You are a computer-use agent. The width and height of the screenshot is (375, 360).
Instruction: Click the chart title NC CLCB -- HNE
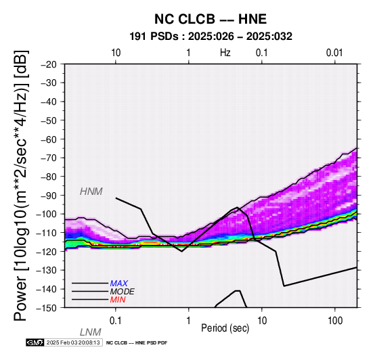tap(211, 19)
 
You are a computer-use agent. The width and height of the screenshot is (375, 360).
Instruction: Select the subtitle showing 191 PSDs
tap(211, 37)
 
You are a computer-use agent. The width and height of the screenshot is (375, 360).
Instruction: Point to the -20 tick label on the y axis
tap(49, 64)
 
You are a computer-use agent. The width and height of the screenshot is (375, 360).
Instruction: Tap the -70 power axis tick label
tap(49, 158)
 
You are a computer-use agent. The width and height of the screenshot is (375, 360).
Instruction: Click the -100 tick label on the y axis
tap(47, 214)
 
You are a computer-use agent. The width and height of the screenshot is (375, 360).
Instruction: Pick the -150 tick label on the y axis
tap(47, 307)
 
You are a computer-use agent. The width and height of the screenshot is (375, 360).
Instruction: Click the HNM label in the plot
tap(91, 192)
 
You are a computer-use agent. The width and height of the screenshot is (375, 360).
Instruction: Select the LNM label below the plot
tap(91, 332)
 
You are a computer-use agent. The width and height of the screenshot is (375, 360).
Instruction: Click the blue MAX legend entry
tap(119, 284)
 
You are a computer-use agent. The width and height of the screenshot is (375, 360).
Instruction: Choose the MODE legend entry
tap(123, 292)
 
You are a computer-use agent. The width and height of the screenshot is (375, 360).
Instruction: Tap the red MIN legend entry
tap(118, 300)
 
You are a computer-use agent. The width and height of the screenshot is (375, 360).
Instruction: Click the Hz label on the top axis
tap(225, 53)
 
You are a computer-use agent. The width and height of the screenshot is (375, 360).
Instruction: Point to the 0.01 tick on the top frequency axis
tap(334, 53)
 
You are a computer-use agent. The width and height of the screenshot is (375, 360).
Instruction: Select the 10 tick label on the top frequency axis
tap(116, 53)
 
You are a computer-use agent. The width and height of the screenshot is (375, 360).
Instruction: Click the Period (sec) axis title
tap(225, 328)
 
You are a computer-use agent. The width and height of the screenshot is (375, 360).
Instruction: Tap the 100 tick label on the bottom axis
tap(335, 321)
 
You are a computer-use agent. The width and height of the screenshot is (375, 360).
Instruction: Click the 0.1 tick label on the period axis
tap(116, 321)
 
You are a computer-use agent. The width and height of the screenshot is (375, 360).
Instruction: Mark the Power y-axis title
tap(21, 186)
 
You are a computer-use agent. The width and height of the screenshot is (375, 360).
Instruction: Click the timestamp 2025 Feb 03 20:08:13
tap(73, 342)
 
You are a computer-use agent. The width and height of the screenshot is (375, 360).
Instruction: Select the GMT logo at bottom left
tap(35, 342)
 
